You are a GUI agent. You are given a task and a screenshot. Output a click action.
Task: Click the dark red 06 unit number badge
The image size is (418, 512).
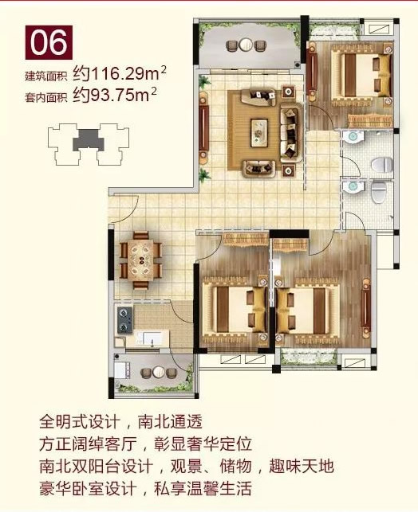(x=49, y=42)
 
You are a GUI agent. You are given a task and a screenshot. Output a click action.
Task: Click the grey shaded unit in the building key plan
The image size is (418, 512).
(x=89, y=140)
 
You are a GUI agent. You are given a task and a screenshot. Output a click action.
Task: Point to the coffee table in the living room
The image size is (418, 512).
(x=259, y=133)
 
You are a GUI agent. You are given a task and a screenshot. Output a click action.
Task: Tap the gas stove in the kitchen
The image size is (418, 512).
(x=124, y=319)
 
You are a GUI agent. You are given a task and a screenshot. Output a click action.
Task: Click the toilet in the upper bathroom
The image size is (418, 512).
(x=382, y=165)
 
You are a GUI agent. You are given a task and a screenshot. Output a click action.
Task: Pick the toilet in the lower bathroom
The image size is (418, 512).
(x=379, y=193)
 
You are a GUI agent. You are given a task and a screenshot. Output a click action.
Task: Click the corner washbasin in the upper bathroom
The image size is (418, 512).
(x=353, y=137)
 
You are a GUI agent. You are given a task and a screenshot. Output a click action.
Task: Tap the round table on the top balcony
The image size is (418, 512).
(x=245, y=45)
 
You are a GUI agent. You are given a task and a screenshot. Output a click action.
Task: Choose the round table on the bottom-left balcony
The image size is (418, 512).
(x=158, y=372)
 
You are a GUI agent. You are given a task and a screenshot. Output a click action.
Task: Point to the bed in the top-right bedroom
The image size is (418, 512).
(x=361, y=75)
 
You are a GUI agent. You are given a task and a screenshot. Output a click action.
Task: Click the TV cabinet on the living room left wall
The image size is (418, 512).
(x=204, y=129)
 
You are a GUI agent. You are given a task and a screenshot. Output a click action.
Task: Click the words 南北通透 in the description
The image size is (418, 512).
(x=171, y=421)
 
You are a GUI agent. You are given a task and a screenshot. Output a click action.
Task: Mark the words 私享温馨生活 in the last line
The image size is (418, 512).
(x=203, y=488)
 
